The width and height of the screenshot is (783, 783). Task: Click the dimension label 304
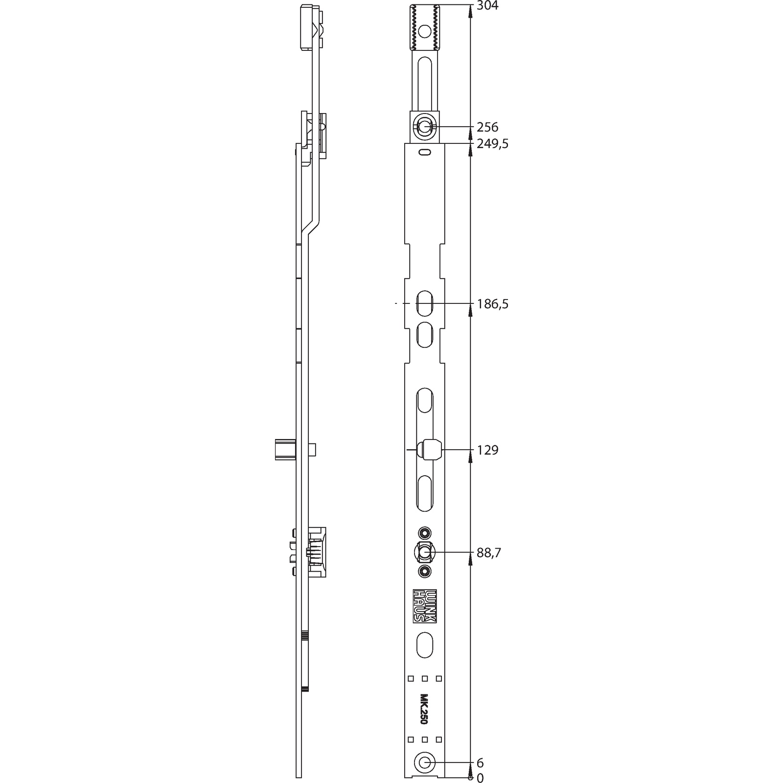coord(487,6)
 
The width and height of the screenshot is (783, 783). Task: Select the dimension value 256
coord(487,127)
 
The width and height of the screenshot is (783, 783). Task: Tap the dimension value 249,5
coord(492,144)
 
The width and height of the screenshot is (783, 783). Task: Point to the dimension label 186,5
coord(492,304)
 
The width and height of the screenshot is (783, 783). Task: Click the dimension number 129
coord(487,450)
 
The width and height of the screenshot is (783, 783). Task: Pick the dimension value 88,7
coord(489,553)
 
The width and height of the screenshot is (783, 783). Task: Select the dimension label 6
coord(480,763)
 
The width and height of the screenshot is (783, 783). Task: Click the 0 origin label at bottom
coord(480,778)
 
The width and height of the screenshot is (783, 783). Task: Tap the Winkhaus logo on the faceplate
coord(424,605)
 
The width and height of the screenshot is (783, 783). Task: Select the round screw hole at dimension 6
coord(424,762)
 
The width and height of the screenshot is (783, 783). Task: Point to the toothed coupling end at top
coord(424,28)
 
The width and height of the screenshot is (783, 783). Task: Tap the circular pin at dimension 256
coord(424,127)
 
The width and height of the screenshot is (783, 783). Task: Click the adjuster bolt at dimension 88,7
coord(424,553)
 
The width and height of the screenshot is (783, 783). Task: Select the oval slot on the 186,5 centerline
coord(424,304)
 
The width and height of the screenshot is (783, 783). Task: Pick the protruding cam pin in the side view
coord(283,450)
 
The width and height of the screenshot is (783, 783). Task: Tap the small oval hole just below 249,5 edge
coord(424,153)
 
